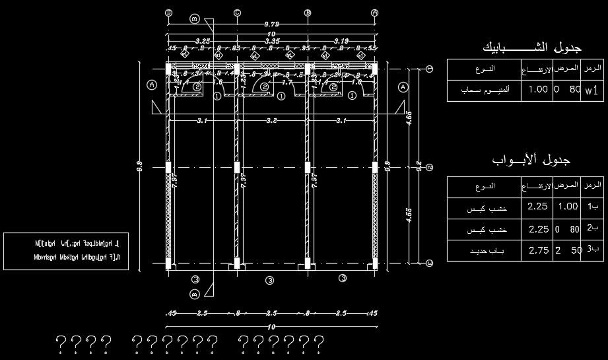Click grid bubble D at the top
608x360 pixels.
click(x=168, y=13)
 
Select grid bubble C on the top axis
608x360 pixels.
click(x=237, y=13)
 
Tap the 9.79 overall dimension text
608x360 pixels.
click(x=271, y=24)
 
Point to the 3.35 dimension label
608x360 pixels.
click(x=271, y=41)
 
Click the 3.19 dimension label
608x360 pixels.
click(x=341, y=41)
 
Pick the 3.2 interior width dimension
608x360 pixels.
click(x=271, y=121)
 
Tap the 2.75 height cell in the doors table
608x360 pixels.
click(x=538, y=251)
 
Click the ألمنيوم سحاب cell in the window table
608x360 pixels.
click(x=483, y=90)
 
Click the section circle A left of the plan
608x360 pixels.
click(x=152, y=85)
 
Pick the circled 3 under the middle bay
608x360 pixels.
click(x=269, y=281)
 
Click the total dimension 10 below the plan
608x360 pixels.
click(x=271, y=326)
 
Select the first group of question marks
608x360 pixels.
click(x=83, y=342)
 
